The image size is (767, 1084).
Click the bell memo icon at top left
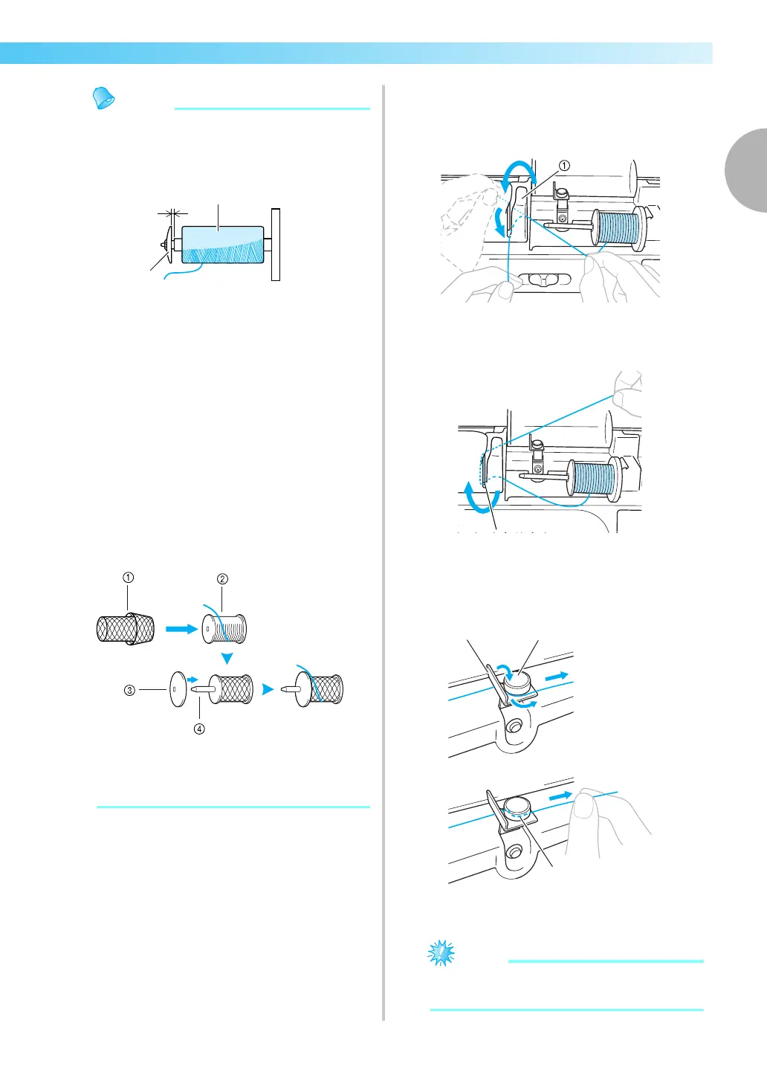[103, 98]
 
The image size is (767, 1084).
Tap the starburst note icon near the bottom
[441, 952]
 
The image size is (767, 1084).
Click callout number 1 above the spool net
[129, 578]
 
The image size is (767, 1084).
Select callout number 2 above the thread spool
[222, 579]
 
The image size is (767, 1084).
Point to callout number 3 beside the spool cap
[129, 690]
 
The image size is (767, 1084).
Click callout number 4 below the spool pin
[199, 729]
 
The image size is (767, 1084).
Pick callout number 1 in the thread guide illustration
[564, 166]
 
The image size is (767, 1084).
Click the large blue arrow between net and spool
[180, 629]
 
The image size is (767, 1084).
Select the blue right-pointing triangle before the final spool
[268, 689]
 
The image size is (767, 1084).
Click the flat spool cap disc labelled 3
[178, 689]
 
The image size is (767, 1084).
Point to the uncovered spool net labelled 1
[126, 629]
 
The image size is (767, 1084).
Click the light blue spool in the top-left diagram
[222, 245]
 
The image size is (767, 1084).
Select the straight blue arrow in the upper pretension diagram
[558, 677]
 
